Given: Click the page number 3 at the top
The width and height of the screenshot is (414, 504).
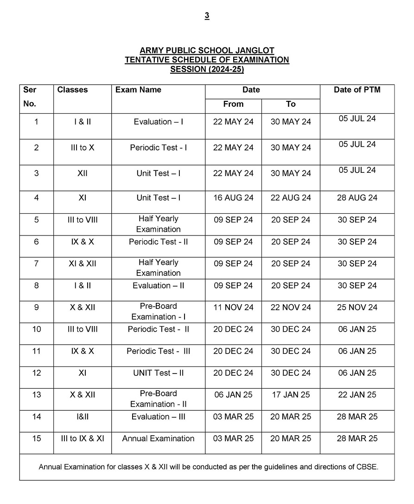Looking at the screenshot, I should (207, 16).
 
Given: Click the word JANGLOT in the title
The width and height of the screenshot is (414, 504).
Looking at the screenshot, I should (253, 50).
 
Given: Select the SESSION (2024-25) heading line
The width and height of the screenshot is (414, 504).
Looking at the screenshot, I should (207, 70).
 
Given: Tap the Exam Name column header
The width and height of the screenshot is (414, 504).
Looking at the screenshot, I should (138, 90).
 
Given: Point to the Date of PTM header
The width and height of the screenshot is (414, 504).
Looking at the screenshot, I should (357, 90).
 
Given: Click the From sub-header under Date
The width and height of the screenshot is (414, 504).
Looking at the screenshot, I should (233, 104).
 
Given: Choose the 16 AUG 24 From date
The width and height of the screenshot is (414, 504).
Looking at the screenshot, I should (233, 197).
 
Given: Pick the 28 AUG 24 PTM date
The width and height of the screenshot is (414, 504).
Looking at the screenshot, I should (357, 197).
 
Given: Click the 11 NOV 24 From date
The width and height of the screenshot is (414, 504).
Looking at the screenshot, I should (233, 307).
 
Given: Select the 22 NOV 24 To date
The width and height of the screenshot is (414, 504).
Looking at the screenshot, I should (291, 307).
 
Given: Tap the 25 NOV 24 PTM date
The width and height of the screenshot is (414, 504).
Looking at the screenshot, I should (357, 307).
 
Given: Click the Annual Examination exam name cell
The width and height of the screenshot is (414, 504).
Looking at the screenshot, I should (158, 438).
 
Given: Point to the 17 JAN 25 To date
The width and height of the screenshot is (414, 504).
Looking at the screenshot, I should (291, 394).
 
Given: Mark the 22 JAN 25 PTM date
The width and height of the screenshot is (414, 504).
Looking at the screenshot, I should (357, 394).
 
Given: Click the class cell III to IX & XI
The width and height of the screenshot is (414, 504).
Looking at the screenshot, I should (83, 438).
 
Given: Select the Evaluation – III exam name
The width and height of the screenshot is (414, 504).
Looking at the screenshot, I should (158, 417).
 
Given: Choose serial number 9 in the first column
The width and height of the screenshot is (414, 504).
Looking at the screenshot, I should (37, 307).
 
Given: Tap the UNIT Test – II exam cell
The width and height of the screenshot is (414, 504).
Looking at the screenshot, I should (158, 373).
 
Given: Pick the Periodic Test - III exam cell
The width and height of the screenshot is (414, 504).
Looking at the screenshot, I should (158, 351).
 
